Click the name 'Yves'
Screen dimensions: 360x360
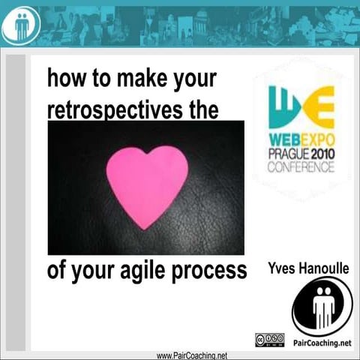pos(280,267)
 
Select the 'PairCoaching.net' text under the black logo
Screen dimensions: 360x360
pos(323,343)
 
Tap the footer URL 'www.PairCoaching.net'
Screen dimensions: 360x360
pos(191,355)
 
